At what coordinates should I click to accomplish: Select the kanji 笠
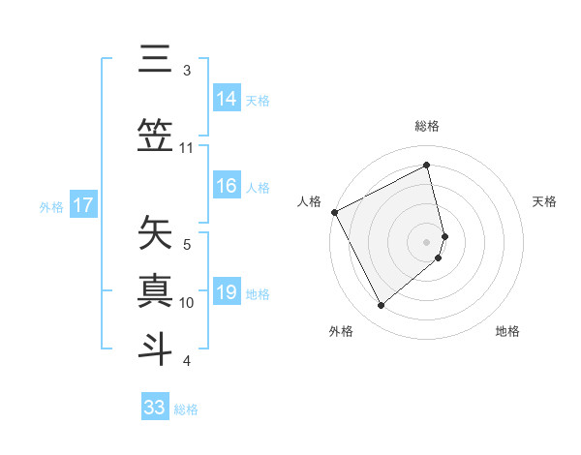point(155,133)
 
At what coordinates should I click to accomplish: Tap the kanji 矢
point(155,233)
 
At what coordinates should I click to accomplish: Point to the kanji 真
point(155,289)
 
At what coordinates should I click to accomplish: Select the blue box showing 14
point(227,99)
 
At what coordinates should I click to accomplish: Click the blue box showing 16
point(227,186)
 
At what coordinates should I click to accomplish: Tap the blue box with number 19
point(227,292)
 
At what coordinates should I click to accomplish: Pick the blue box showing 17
point(82,205)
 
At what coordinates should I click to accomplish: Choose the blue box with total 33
point(154,408)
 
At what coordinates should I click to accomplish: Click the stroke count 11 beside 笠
point(187,148)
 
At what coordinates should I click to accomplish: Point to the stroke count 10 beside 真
point(187,303)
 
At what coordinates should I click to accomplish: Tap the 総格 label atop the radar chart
point(427,126)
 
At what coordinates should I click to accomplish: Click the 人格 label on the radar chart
point(309,201)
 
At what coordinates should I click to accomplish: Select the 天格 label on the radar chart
point(545,201)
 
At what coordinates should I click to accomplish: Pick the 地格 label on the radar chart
point(507,332)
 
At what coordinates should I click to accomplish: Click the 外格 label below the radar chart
point(341,332)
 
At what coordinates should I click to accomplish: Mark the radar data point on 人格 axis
point(334,212)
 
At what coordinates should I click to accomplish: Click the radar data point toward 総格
point(427,166)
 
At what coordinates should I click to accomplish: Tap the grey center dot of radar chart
point(427,241)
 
